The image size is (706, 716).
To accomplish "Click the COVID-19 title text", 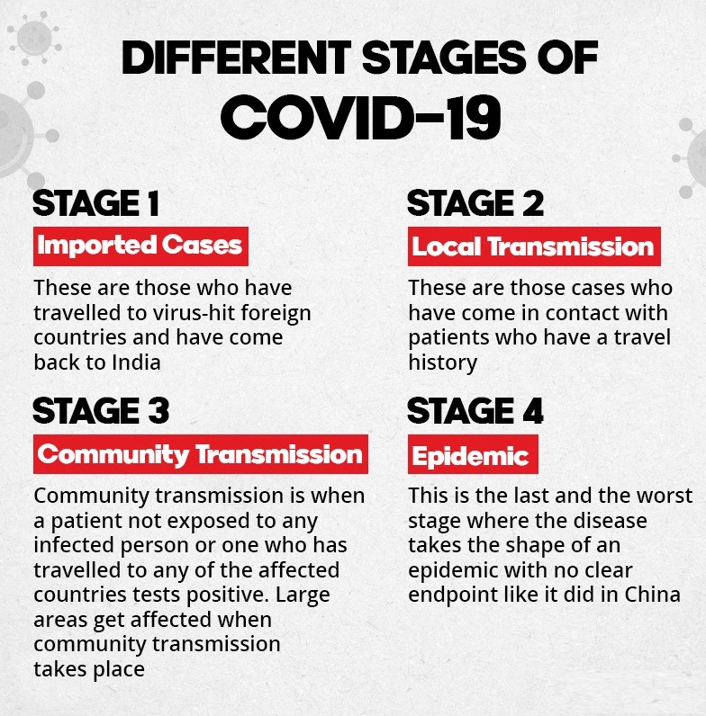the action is point(361,117).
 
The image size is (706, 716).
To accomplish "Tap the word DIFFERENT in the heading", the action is point(236,57).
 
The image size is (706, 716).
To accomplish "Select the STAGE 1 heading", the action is point(96,203).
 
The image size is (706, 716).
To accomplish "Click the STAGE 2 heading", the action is point(475,203).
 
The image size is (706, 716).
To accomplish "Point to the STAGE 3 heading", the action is point(101,410).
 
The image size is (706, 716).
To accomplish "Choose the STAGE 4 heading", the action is point(475,410).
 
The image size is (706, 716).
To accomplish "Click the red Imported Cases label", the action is point(140,246).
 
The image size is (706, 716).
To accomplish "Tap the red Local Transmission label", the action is point(534,246).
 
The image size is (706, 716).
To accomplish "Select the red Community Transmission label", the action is point(201,454).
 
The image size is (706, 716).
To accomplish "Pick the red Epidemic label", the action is point(473,454).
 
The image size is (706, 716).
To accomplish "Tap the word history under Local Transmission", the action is point(443,363).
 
